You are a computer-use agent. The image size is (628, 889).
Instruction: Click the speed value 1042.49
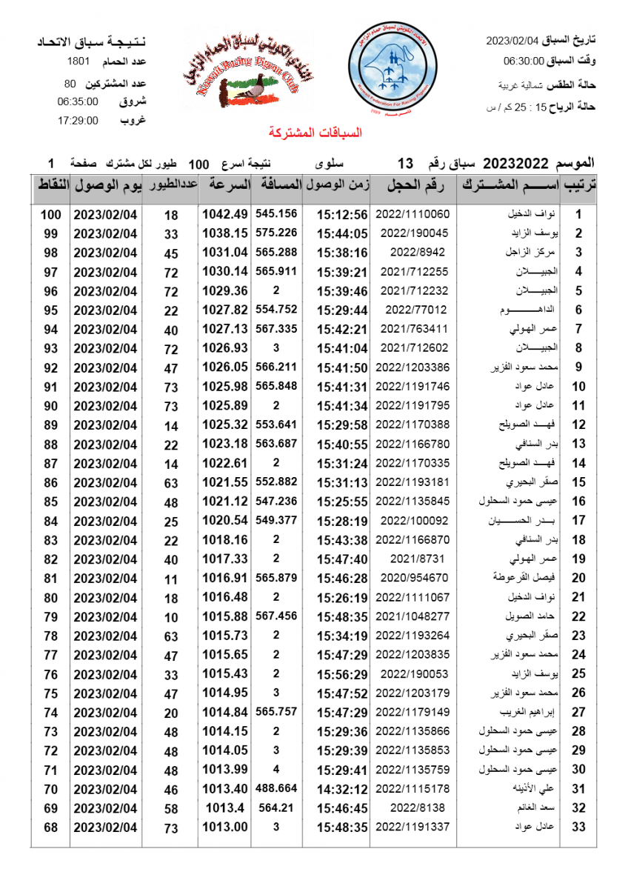pos(224,214)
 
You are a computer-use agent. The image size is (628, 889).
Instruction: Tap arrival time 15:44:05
pos(342,233)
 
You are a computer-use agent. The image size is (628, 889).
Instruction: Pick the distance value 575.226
pos(276,233)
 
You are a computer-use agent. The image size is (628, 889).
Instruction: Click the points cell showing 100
pos(50,214)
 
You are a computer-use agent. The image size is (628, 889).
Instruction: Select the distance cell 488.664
pos(276,788)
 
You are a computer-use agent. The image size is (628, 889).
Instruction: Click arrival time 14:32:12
pos(342,789)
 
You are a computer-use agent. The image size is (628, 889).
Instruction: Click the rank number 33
pos(579,828)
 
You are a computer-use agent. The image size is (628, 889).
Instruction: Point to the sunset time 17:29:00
pos(78,121)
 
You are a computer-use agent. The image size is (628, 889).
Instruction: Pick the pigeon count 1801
pos(78,61)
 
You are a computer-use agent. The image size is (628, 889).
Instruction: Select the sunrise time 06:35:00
pos(78,101)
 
